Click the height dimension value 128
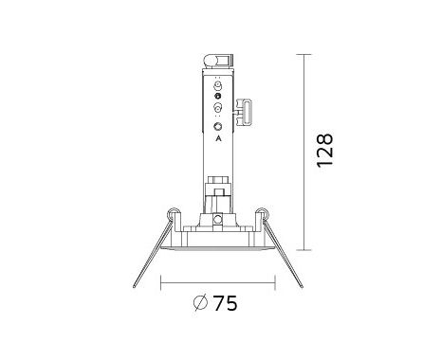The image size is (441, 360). pyautogui.click(x=325, y=151)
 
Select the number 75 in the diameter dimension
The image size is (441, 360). pyautogui.click(x=226, y=303)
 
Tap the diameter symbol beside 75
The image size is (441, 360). pyautogui.click(x=200, y=303)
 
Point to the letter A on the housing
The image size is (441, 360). pyautogui.click(x=218, y=138)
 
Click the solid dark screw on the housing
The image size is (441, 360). pyautogui.click(x=217, y=96)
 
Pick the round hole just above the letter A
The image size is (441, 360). pyautogui.click(x=217, y=127)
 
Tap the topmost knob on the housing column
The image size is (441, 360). pyautogui.click(x=217, y=85)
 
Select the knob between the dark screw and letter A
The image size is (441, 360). pyautogui.click(x=217, y=108)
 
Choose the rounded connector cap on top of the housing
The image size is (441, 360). pyautogui.click(x=218, y=61)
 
